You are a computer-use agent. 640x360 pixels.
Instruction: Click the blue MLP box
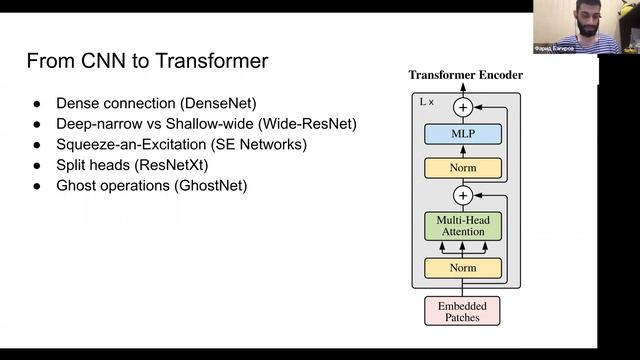(x=461, y=134)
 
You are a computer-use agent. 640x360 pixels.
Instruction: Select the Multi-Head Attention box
(x=461, y=225)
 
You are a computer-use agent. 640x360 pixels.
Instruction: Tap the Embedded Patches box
(x=461, y=310)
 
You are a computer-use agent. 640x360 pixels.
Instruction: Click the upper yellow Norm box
(x=461, y=168)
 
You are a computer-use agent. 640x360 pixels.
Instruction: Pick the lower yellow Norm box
(x=461, y=268)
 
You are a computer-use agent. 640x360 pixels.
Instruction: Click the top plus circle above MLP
(x=462, y=106)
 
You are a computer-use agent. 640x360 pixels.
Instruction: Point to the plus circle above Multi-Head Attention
(x=462, y=195)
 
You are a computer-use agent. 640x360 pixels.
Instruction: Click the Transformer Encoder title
(x=465, y=75)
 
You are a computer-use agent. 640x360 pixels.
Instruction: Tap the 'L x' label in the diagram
(x=425, y=102)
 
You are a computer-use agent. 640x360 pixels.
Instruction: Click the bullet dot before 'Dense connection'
(x=37, y=103)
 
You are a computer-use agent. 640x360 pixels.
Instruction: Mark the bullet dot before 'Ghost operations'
(x=37, y=186)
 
